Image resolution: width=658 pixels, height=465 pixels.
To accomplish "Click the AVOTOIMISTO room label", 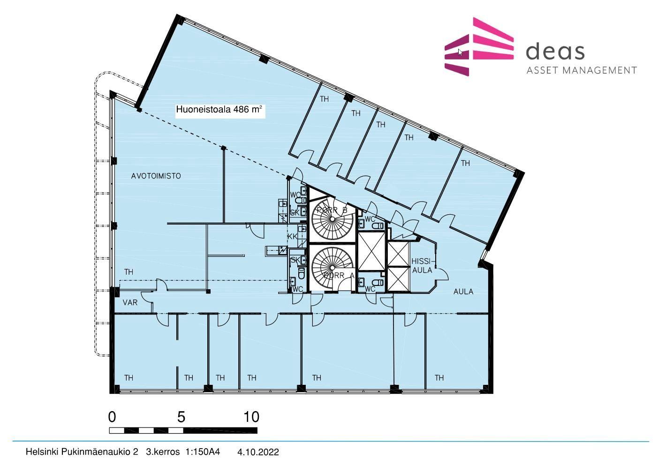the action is tap(156, 176).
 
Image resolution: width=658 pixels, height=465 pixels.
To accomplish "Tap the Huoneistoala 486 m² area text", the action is tap(219, 110).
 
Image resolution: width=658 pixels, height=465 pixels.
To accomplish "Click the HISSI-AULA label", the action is tap(422, 266).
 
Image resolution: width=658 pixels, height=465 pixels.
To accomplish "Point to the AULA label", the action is tap(463, 292).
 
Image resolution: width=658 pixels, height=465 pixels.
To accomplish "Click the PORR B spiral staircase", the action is tap(332, 219).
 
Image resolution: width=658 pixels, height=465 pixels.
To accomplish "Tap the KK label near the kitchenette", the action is tap(292, 236).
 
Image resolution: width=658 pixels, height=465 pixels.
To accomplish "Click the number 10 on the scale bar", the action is tap(251, 417).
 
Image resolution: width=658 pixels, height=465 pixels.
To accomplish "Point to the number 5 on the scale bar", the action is tap(181, 417).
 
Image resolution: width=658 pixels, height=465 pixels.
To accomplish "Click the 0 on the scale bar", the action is tap(112, 417).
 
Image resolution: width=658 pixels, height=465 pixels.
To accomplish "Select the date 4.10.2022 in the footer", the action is tap(258, 452).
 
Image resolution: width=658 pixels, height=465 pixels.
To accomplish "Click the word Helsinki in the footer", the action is tap(42, 452).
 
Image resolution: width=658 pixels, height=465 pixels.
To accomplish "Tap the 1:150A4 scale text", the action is tap(203, 452).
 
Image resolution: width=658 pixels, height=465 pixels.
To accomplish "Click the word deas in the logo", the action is tap(555, 52).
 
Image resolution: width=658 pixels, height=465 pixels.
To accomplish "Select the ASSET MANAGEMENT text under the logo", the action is tap(582, 70).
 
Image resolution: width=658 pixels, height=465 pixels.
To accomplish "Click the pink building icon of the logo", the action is tap(479, 46).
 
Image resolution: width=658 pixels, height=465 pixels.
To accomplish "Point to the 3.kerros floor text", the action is tap(163, 452).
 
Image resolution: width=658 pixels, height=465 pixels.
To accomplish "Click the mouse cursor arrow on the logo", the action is tap(460, 52).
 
